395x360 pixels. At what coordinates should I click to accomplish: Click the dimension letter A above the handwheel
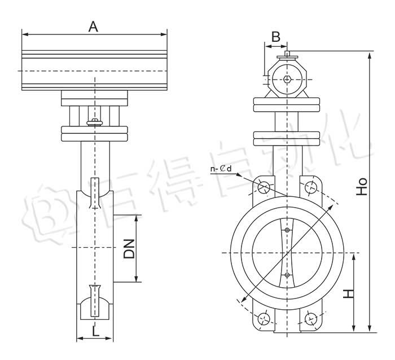coord(93,27)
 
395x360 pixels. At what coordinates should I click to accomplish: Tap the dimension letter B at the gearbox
coord(276,37)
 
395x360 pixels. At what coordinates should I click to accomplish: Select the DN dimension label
coord(129,249)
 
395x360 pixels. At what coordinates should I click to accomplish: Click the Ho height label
coord(362,187)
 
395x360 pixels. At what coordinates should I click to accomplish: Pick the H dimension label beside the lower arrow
coord(349,294)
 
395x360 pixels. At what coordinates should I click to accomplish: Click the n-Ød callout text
coord(221,169)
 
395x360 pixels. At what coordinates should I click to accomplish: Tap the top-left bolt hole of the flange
coord(264,187)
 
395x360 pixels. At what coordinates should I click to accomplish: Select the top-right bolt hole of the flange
coord(310,187)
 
